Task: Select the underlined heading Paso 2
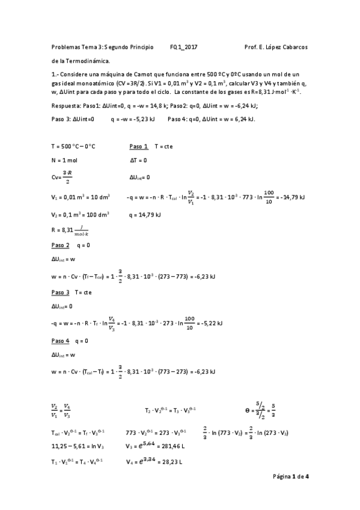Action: (61, 245)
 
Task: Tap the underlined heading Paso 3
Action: (61, 292)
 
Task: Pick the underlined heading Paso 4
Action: (61, 341)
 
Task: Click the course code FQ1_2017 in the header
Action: (184, 47)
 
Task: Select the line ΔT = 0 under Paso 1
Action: (139, 161)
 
